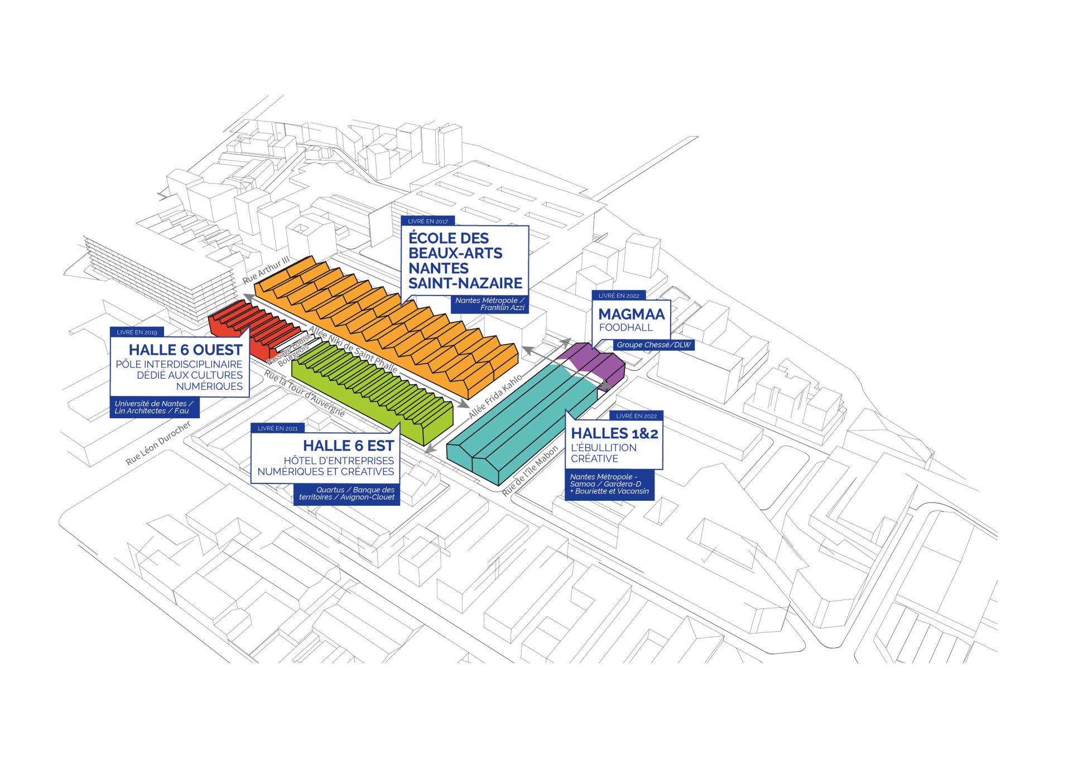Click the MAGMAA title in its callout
point(631,315)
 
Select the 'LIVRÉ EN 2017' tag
point(427,221)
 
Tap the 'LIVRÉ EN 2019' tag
point(137,332)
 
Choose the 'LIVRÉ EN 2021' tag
point(277,428)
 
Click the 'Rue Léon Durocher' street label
point(158,443)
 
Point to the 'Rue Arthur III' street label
point(266,269)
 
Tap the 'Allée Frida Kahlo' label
point(495,396)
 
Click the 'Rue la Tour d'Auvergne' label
point(305,394)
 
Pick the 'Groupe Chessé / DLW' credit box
point(653,345)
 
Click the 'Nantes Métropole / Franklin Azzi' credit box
point(489,304)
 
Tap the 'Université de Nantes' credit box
point(154,407)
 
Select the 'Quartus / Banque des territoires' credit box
point(346,494)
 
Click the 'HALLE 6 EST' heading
point(348,446)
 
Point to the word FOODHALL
point(625,328)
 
